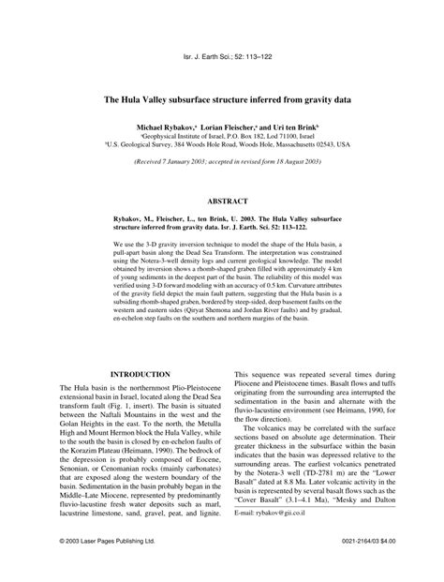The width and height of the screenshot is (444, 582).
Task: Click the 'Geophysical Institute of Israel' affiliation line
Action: point(222,135)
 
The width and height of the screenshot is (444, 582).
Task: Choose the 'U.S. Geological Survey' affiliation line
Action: point(222,145)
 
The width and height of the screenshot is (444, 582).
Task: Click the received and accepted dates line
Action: point(222,162)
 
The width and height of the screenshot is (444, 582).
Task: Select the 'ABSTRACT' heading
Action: point(222,201)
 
